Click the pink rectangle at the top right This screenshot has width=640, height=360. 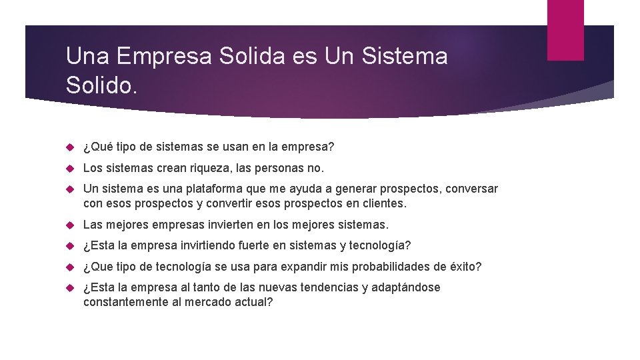[565, 29]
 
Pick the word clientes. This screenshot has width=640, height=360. [381, 203]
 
